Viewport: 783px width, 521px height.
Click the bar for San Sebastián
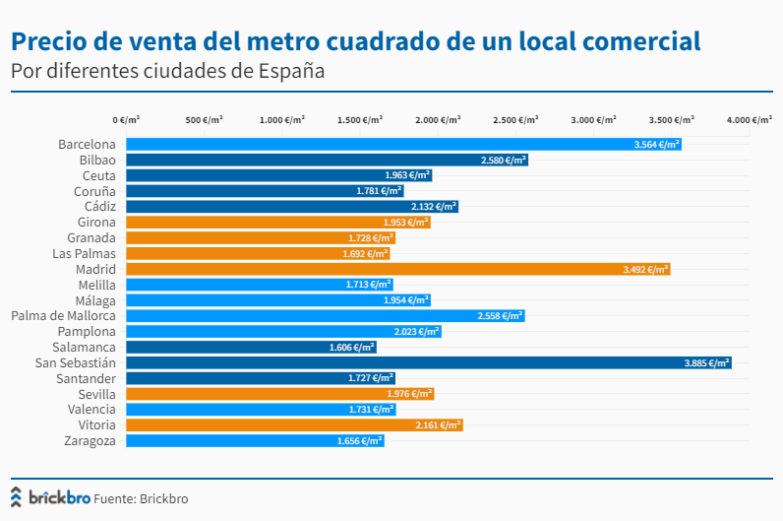423,362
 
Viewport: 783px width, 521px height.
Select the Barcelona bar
398,144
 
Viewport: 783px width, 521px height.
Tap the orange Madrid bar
393,269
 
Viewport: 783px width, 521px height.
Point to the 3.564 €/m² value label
656,144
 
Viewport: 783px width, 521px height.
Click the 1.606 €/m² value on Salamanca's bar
351,348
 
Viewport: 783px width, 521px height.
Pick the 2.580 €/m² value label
503,160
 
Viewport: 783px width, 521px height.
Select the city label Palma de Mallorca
63,316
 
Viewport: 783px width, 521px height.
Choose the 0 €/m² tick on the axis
126,119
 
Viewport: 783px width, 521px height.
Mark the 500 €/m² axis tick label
205,119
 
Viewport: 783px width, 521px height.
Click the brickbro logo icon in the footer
17,496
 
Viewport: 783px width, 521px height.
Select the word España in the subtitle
290,72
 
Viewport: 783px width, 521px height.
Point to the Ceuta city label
98,175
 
